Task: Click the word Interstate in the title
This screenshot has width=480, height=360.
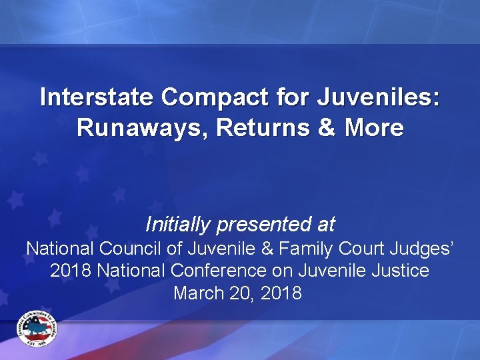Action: point(97,97)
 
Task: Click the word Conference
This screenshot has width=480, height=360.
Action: point(233,271)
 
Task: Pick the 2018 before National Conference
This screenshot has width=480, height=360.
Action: point(69,271)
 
